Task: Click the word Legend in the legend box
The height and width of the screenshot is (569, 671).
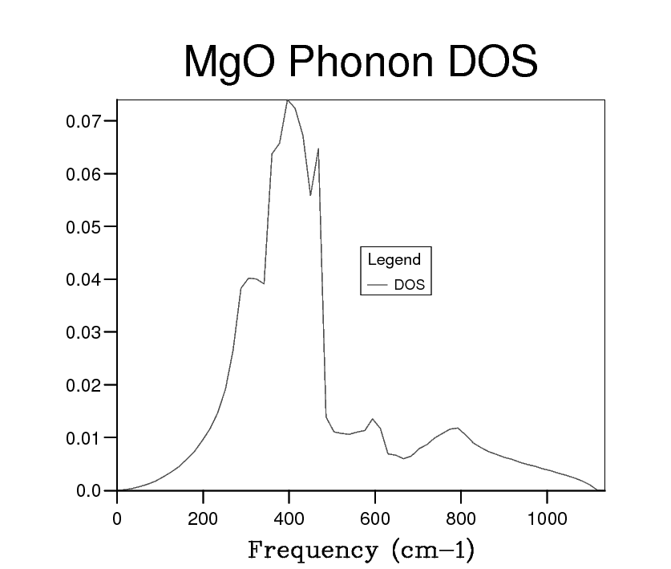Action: [394, 259]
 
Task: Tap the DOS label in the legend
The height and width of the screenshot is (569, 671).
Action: [410, 284]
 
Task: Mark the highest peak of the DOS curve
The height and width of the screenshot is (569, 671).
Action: [288, 100]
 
